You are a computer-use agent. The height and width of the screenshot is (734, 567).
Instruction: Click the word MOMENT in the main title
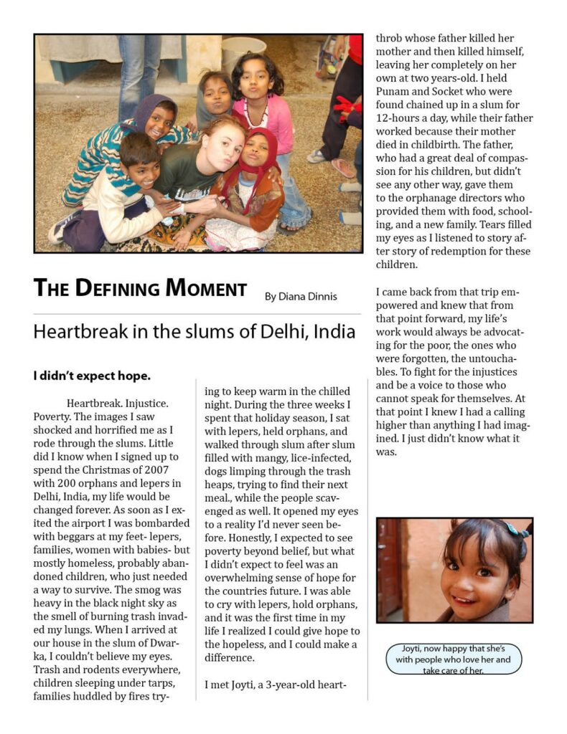coord(206,289)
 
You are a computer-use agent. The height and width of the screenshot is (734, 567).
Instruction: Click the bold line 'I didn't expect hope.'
coord(91,376)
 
